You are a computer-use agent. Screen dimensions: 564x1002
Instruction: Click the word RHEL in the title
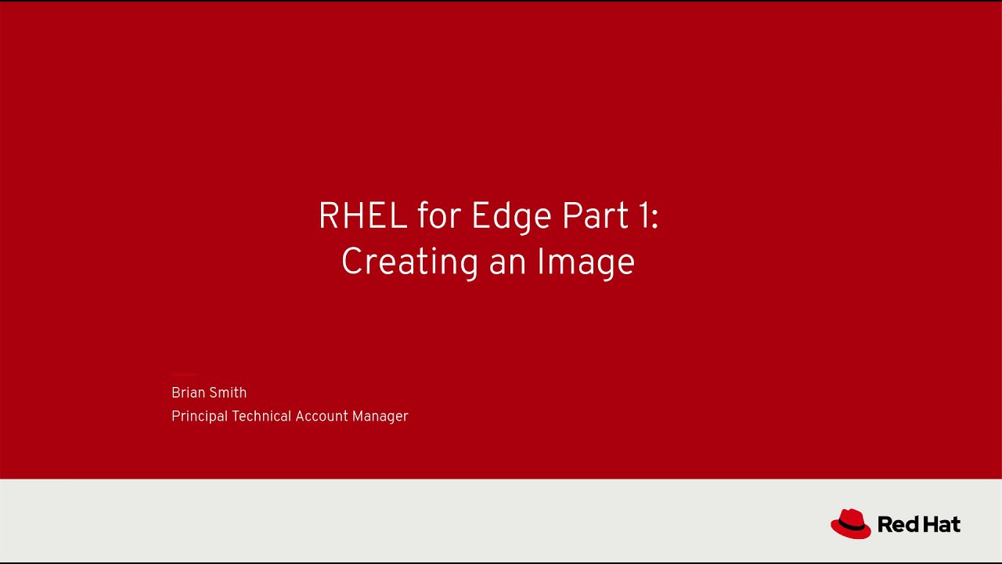pyautogui.click(x=362, y=216)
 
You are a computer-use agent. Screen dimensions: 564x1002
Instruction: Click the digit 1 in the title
pyautogui.click(x=643, y=216)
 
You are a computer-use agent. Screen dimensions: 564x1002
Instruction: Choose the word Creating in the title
pyautogui.click(x=409, y=262)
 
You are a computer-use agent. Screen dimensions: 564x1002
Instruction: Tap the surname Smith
pyautogui.click(x=229, y=392)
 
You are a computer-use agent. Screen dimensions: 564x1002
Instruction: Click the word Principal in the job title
pyautogui.click(x=200, y=417)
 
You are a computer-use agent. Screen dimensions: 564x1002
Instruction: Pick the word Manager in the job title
pyautogui.click(x=380, y=417)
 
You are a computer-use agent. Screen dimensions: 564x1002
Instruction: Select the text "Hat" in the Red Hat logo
pyautogui.click(x=940, y=524)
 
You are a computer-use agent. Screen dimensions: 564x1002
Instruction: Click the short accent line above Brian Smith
pyautogui.click(x=184, y=374)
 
